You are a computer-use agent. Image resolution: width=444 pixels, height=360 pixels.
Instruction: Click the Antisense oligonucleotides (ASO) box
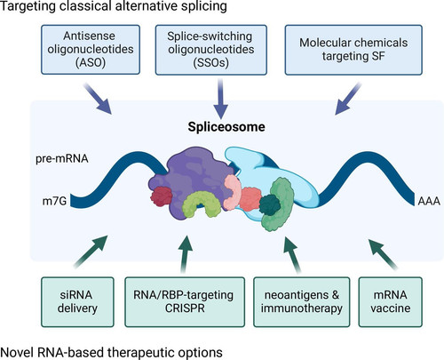click(x=91, y=50)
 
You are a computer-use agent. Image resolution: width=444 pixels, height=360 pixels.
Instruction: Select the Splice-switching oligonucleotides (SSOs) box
click(x=211, y=50)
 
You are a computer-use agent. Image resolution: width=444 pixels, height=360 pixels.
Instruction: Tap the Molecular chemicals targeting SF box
click(x=353, y=50)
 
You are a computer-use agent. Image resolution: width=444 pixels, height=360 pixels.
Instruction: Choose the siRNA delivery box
click(x=77, y=302)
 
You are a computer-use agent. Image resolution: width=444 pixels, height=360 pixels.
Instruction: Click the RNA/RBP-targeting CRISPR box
click(x=185, y=302)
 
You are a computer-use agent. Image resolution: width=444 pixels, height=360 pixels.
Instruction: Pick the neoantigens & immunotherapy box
click(x=302, y=302)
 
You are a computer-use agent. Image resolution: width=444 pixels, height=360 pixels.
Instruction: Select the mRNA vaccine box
click(x=390, y=302)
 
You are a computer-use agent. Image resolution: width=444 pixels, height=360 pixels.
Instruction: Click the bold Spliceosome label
click(x=226, y=127)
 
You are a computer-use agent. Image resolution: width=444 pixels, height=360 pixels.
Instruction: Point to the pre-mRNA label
click(x=62, y=158)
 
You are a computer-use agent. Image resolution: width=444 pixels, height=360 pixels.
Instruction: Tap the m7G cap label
click(x=54, y=201)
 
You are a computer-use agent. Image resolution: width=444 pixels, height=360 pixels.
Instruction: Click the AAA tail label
click(x=429, y=201)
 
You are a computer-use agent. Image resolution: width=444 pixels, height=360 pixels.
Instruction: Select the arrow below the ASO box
click(x=98, y=99)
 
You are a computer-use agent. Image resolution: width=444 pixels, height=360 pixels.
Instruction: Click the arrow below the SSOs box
click(x=220, y=99)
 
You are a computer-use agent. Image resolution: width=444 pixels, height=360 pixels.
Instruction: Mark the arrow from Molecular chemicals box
click(x=348, y=99)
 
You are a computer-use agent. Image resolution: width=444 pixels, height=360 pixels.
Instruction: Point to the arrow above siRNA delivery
click(x=91, y=252)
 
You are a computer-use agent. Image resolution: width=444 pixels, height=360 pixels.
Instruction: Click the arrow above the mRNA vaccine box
click(x=383, y=254)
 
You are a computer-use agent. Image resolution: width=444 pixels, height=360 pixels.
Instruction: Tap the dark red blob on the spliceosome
click(x=162, y=196)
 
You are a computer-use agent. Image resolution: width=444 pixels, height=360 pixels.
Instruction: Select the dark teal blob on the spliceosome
click(x=270, y=204)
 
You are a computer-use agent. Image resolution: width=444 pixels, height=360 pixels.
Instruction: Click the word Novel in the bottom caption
click(x=18, y=353)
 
